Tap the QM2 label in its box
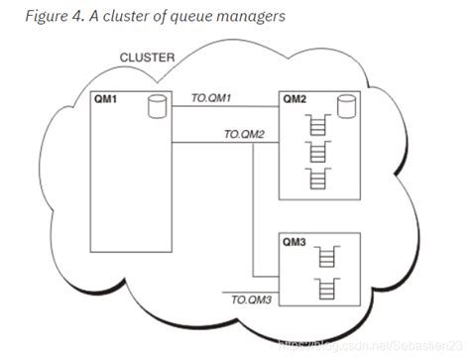[x=295, y=99]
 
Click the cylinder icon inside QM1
[x=154, y=105]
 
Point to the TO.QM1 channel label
[x=210, y=98]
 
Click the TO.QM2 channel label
[x=245, y=132]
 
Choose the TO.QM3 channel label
[x=251, y=297]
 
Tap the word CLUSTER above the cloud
[x=148, y=59]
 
